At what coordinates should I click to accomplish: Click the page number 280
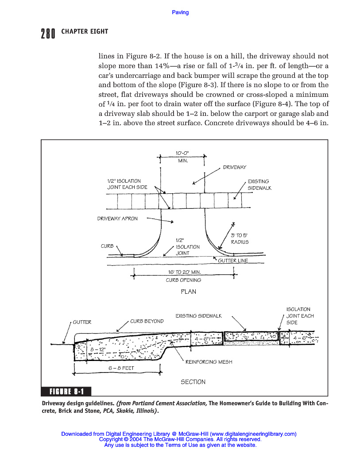click(47, 34)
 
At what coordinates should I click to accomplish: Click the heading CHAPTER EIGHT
click(85, 32)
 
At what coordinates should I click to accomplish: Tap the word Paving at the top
click(180, 12)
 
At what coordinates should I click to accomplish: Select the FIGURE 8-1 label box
click(66, 391)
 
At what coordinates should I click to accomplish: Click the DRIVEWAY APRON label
click(117, 219)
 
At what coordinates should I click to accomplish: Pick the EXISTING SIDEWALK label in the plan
click(259, 184)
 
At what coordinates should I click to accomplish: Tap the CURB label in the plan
click(107, 246)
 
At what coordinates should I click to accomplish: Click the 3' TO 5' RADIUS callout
click(240, 239)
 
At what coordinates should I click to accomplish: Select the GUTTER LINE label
click(233, 261)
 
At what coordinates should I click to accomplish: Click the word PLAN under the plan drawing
click(188, 292)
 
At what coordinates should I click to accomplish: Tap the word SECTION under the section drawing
click(193, 382)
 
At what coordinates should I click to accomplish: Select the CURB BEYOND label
click(147, 321)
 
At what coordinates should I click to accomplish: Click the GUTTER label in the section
click(82, 322)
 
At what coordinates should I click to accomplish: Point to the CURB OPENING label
click(183, 280)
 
